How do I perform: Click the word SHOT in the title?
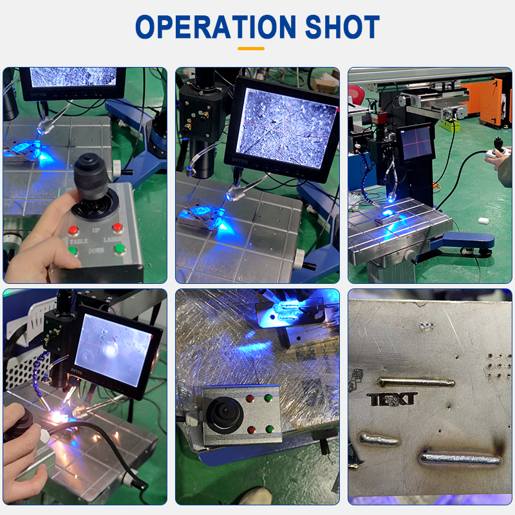pyautogui.click(x=342, y=27)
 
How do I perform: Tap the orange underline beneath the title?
pyautogui.click(x=251, y=48)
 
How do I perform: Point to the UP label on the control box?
pyautogui.click(x=96, y=229)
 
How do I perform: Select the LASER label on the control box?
pyautogui.click(x=113, y=239)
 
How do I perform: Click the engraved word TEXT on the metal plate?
pyautogui.click(x=393, y=399)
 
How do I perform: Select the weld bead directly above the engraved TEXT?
pyautogui.click(x=416, y=382)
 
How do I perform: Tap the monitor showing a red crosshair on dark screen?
pyautogui.click(x=415, y=142)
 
